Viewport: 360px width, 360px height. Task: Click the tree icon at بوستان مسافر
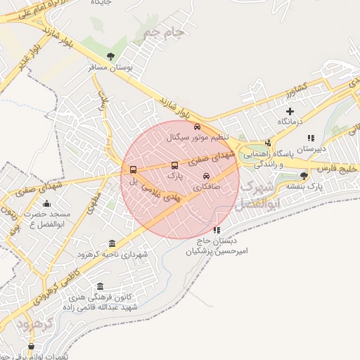point(110,56)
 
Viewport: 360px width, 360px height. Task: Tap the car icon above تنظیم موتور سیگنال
point(197,127)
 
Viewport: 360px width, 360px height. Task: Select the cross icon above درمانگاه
point(290,111)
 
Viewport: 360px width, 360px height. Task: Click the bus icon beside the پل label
point(134,169)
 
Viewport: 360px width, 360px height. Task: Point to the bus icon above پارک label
point(174,166)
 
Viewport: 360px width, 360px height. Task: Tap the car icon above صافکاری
point(206,176)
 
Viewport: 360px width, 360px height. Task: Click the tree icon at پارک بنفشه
point(304,176)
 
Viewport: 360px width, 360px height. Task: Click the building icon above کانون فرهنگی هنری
point(100,286)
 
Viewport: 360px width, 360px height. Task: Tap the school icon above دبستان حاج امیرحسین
point(217,229)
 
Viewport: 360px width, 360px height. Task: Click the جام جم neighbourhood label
point(162,32)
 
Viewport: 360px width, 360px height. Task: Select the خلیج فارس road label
point(336,169)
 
